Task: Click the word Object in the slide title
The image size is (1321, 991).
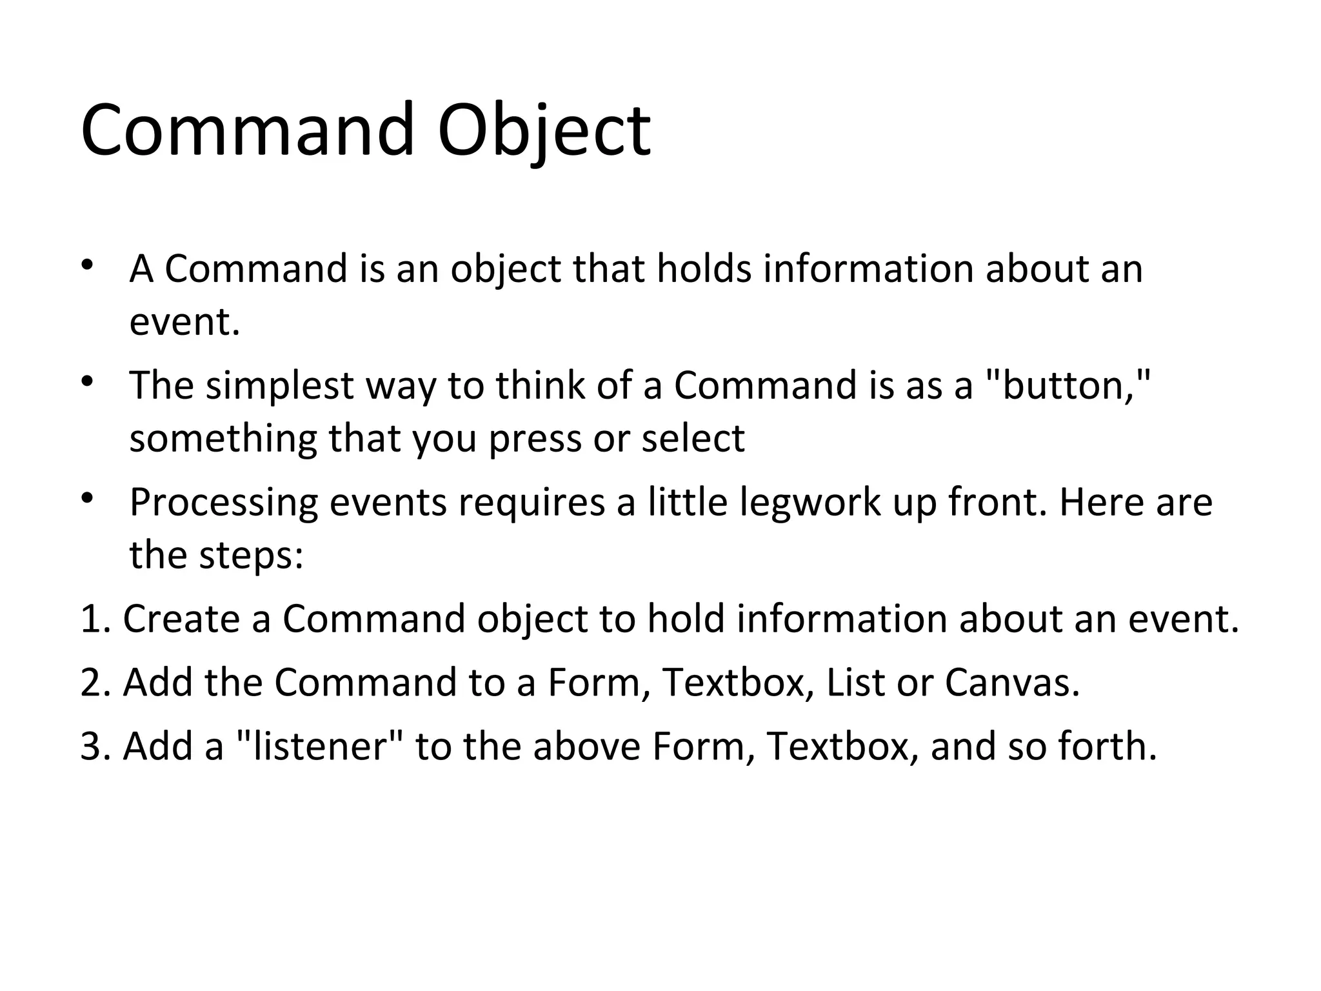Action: coord(544,130)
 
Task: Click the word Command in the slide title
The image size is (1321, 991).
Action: coord(247,130)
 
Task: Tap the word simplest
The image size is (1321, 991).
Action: coord(279,385)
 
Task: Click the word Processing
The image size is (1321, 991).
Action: coord(224,503)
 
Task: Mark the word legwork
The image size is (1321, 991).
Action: coord(809,503)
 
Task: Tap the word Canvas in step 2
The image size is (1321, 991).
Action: coord(1011,682)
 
